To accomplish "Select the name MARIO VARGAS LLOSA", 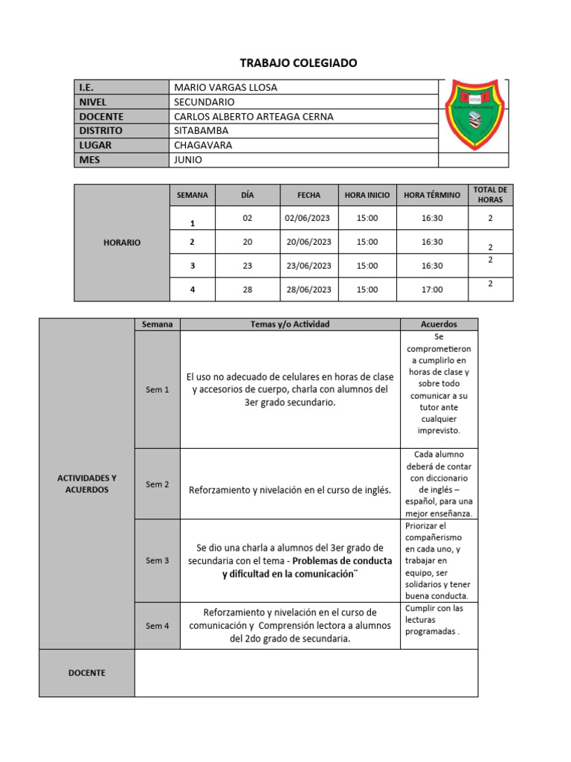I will (x=225, y=88).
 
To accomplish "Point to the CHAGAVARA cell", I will (x=203, y=145).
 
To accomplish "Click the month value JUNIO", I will (x=187, y=160).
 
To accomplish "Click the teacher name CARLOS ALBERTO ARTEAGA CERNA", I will (x=254, y=117).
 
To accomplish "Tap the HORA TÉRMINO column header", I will (x=432, y=195).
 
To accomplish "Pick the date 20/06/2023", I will (x=309, y=242).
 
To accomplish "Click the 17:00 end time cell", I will (x=432, y=289).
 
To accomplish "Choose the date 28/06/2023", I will (x=309, y=289).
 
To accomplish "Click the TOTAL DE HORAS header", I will (x=490, y=195).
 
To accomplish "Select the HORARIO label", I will (x=122, y=243).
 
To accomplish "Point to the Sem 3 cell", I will (x=158, y=560).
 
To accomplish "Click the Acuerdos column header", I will (x=439, y=324).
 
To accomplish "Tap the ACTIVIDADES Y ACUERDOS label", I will (x=87, y=484).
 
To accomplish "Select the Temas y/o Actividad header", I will (x=290, y=324).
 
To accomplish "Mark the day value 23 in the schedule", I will (x=248, y=266).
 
